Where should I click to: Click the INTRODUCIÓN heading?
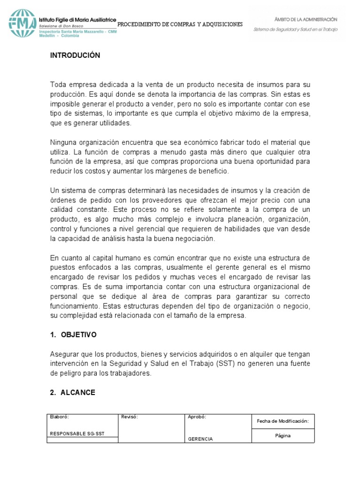tap(75, 55)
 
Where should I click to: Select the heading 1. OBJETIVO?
tap(73, 335)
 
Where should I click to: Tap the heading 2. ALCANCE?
tap(72, 393)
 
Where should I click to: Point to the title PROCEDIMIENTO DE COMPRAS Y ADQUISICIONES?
tap(180, 24)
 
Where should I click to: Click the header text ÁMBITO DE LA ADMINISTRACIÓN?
tap(306, 19)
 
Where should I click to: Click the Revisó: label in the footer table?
tap(129, 417)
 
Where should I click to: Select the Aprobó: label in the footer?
tap(197, 417)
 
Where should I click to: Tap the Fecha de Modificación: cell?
tap(283, 421)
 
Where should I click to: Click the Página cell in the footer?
tap(283, 435)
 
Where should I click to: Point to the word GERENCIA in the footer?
tap(200, 439)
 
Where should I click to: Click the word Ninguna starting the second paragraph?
tap(63, 142)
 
